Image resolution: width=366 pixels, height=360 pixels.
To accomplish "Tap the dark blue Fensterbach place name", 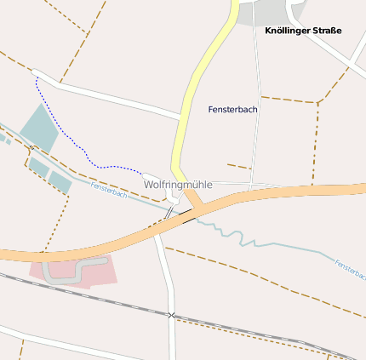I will point(232,109).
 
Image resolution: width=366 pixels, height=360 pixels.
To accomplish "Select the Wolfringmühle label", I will point(177,184).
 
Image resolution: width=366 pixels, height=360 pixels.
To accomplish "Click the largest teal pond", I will point(38,126).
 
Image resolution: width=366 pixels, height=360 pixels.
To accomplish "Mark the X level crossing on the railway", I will point(171,316).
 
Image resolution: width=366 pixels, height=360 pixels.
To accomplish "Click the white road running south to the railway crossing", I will point(165,272).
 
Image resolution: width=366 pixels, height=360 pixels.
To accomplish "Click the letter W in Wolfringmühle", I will point(148,184).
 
